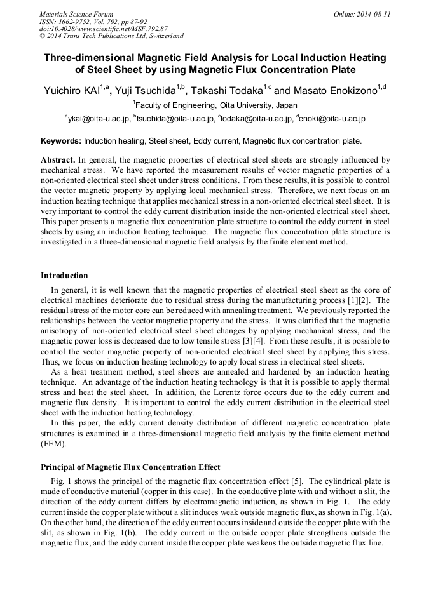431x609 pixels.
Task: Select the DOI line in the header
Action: click(104, 29)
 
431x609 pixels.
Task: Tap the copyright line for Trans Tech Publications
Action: click(111, 36)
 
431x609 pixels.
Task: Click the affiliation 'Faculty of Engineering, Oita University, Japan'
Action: click(216, 105)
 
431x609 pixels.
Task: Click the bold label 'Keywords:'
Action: click(61, 140)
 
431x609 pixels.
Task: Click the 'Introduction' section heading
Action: click(64, 276)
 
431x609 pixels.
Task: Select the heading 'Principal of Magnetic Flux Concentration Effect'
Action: click(130, 467)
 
